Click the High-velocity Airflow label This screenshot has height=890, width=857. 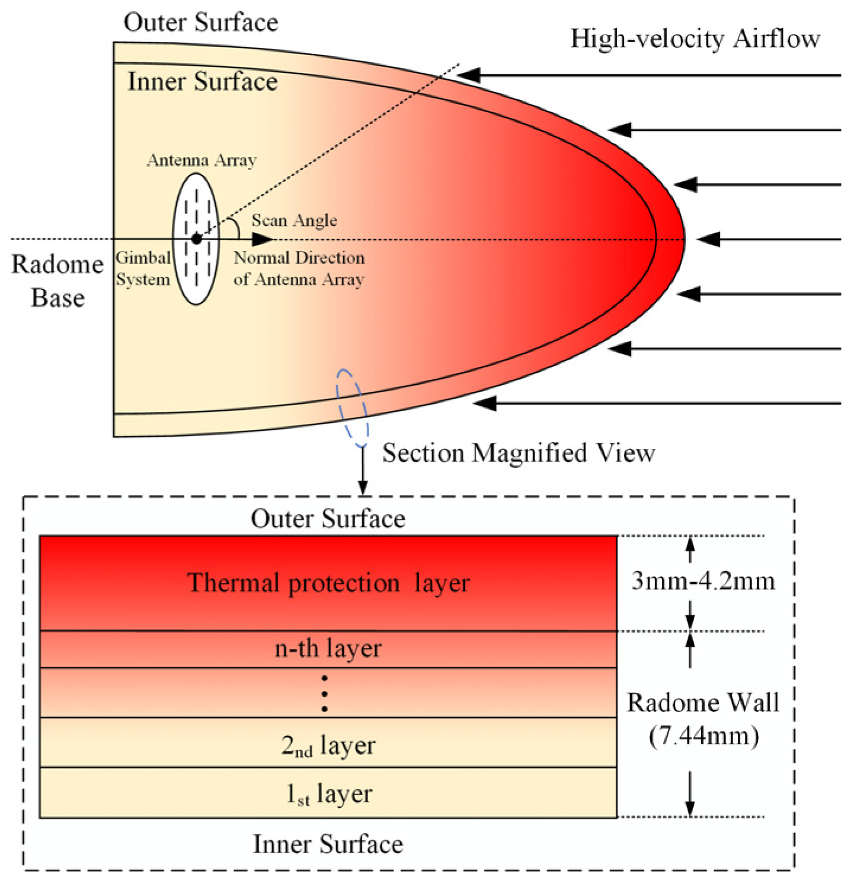tap(695, 39)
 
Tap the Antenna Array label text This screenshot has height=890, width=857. tap(202, 161)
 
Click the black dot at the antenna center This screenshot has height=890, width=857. tap(196, 239)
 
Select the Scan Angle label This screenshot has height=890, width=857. tap(294, 221)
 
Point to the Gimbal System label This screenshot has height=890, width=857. tap(143, 269)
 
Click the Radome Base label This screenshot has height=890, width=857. tap(57, 281)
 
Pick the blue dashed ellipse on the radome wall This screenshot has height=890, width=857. tap(353, 408)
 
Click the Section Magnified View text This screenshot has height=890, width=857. tap(518, 454)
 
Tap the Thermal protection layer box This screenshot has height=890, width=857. tap(328, 583)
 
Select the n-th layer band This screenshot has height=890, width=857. tap(328, 649)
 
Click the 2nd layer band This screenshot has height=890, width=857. tap(328, 744)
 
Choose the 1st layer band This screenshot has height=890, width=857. tap(328, 793)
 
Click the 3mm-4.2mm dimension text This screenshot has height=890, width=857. tap(703, 581)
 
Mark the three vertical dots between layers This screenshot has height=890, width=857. tap(324, 693)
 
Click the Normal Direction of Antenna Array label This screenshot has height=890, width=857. tap(299, 269)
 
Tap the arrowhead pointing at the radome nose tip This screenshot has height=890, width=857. tap(708, 240)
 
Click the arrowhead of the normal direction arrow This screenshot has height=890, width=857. tap(263, 240)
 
